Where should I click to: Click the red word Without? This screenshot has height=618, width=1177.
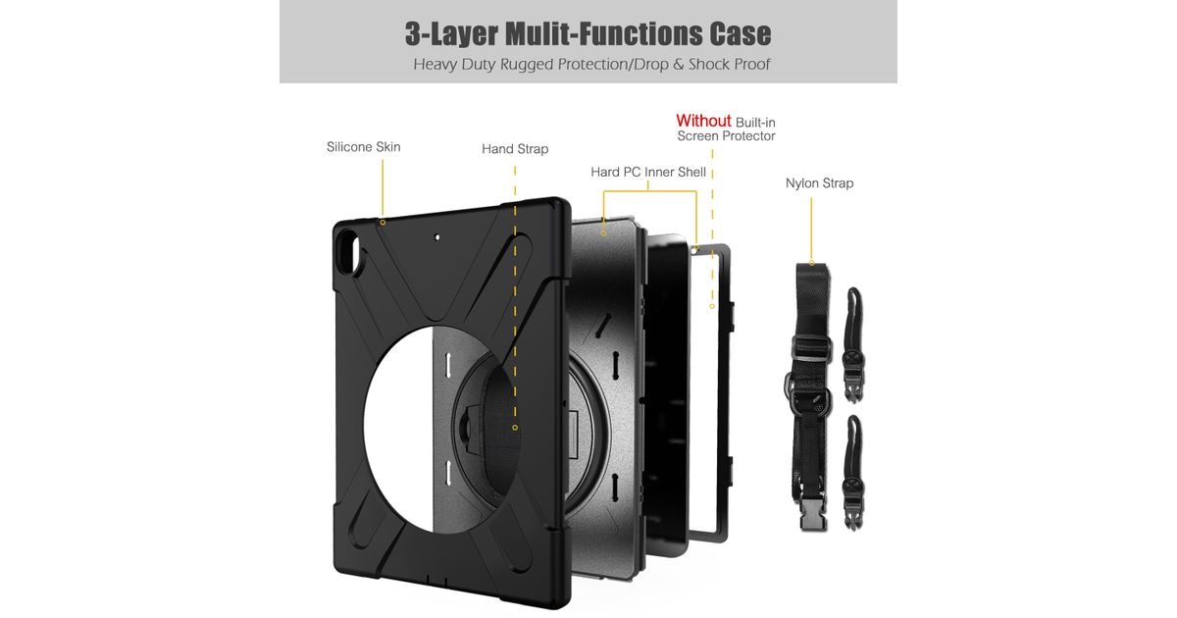703,122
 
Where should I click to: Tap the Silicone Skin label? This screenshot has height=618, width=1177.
363,147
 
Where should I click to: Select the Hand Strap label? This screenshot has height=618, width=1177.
515,149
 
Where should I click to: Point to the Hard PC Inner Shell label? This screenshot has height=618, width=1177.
647,172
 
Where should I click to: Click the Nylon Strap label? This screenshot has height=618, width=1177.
819,183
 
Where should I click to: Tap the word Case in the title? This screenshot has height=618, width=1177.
741,33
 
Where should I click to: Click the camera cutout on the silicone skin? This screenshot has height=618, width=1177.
349,248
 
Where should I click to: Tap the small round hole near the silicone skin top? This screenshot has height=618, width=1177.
435,236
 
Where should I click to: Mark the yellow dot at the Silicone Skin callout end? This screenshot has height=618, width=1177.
383,223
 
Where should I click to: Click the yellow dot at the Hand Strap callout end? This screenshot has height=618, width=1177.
515,428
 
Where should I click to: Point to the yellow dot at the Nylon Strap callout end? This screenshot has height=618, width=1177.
811,263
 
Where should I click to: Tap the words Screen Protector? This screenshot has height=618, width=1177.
726,136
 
